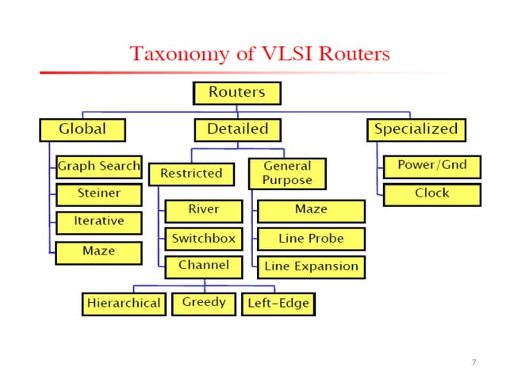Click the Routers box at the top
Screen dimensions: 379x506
click(x=236, y=93)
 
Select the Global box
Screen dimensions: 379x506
click(x=82, y=128)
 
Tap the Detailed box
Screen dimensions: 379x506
click(x=237, y=128)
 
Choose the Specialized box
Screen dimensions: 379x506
click(x=415, y=128)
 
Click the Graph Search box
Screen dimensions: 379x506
click(x=98, y=167)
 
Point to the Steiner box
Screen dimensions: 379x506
click(x=98, y=193)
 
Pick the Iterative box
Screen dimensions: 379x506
click(x=98, y=222)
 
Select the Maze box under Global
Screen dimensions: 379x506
click(x=98, y=252)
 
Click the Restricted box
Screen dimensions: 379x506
click(x=191, y=174)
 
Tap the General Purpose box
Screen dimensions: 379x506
click(x=287, y=174)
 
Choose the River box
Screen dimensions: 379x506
click(x=204, y=210)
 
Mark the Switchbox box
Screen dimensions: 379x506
click(x=204, y=238)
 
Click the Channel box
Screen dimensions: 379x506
click(x=204, y=266)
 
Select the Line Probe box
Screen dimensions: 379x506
click(x=311, y=238)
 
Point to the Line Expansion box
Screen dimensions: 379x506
click(x=311, y=267)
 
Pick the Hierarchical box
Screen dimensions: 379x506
click(x=124, y=304)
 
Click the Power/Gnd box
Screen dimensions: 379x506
click(x=431, y=167)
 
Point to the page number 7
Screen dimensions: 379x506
click(x=473, y=362)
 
